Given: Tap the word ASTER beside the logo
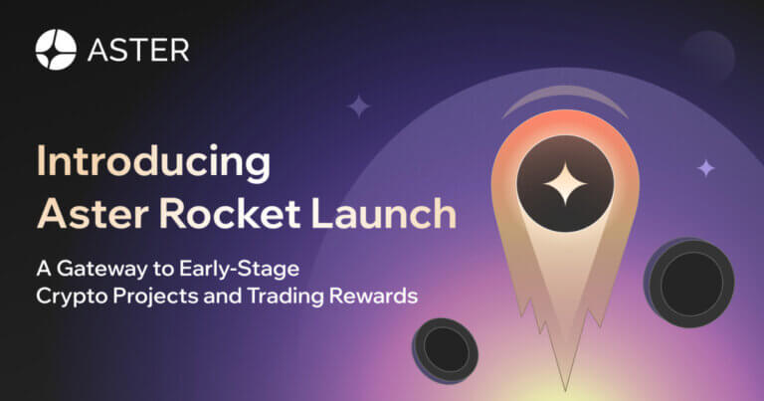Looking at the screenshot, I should coord(137,50).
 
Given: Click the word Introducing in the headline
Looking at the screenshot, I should coord(152,162).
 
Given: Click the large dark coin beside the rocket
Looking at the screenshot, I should coord(690,282).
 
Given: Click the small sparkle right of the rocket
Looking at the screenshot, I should coord(705,168).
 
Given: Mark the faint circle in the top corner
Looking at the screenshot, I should coord(708,56).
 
